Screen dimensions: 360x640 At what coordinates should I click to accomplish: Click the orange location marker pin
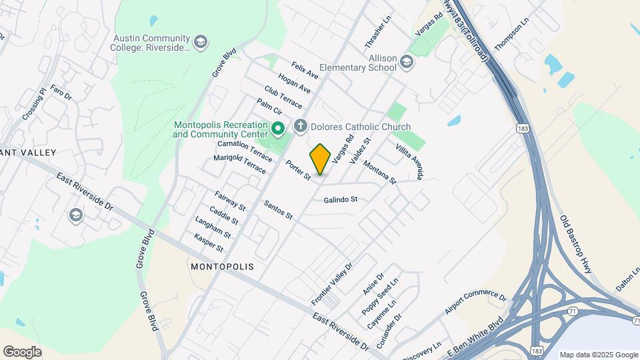[x=320, y=159]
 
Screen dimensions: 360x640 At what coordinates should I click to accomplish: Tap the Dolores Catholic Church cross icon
[x=300, y=126]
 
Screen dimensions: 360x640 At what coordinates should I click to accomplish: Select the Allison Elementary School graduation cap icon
[x=407, y=63]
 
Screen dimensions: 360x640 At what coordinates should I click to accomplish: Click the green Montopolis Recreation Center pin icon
[x=279, y=127]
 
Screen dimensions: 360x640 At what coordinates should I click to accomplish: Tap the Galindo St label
[x=341, y=199]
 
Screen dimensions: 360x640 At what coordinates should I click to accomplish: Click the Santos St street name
[x=278, y=210]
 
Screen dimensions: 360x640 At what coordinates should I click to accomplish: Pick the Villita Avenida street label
[x=409, y=161]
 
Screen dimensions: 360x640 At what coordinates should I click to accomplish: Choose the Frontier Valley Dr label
[x=331, y=284]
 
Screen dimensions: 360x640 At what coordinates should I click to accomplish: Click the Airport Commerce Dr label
[x=477, y=301]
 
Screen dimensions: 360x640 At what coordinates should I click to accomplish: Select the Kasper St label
[x=209, y=243]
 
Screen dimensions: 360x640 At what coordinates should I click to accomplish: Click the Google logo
[x=22, y=351]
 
